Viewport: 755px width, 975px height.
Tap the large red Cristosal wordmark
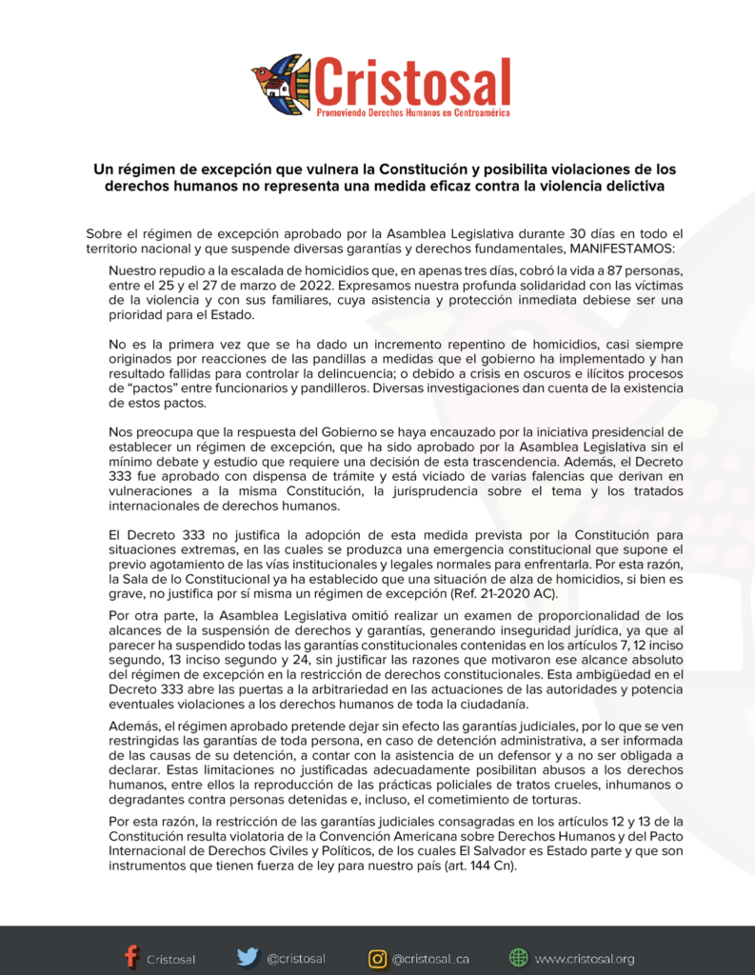click(412, 81)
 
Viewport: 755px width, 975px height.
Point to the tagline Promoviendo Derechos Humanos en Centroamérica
click(412, 112)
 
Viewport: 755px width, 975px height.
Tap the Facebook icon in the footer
click(130, 957)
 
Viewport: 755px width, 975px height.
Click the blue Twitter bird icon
click(248, 957)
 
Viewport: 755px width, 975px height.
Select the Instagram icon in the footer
click(377, 957)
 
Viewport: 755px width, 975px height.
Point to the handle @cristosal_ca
click(429, 959)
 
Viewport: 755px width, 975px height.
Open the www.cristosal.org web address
click(584, 959)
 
